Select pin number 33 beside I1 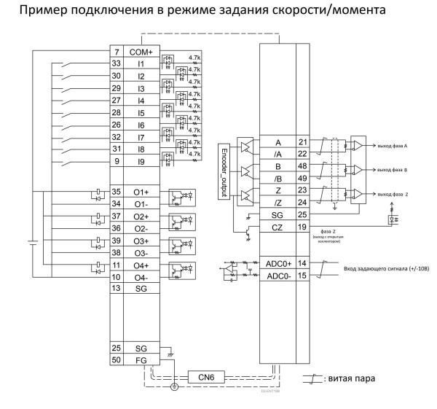pos(116,63)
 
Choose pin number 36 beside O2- pos(116,228)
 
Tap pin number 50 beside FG pos(116,361)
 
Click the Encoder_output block pos(225,169)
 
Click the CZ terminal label pos(277,229)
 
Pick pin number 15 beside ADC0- pos(303,276)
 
